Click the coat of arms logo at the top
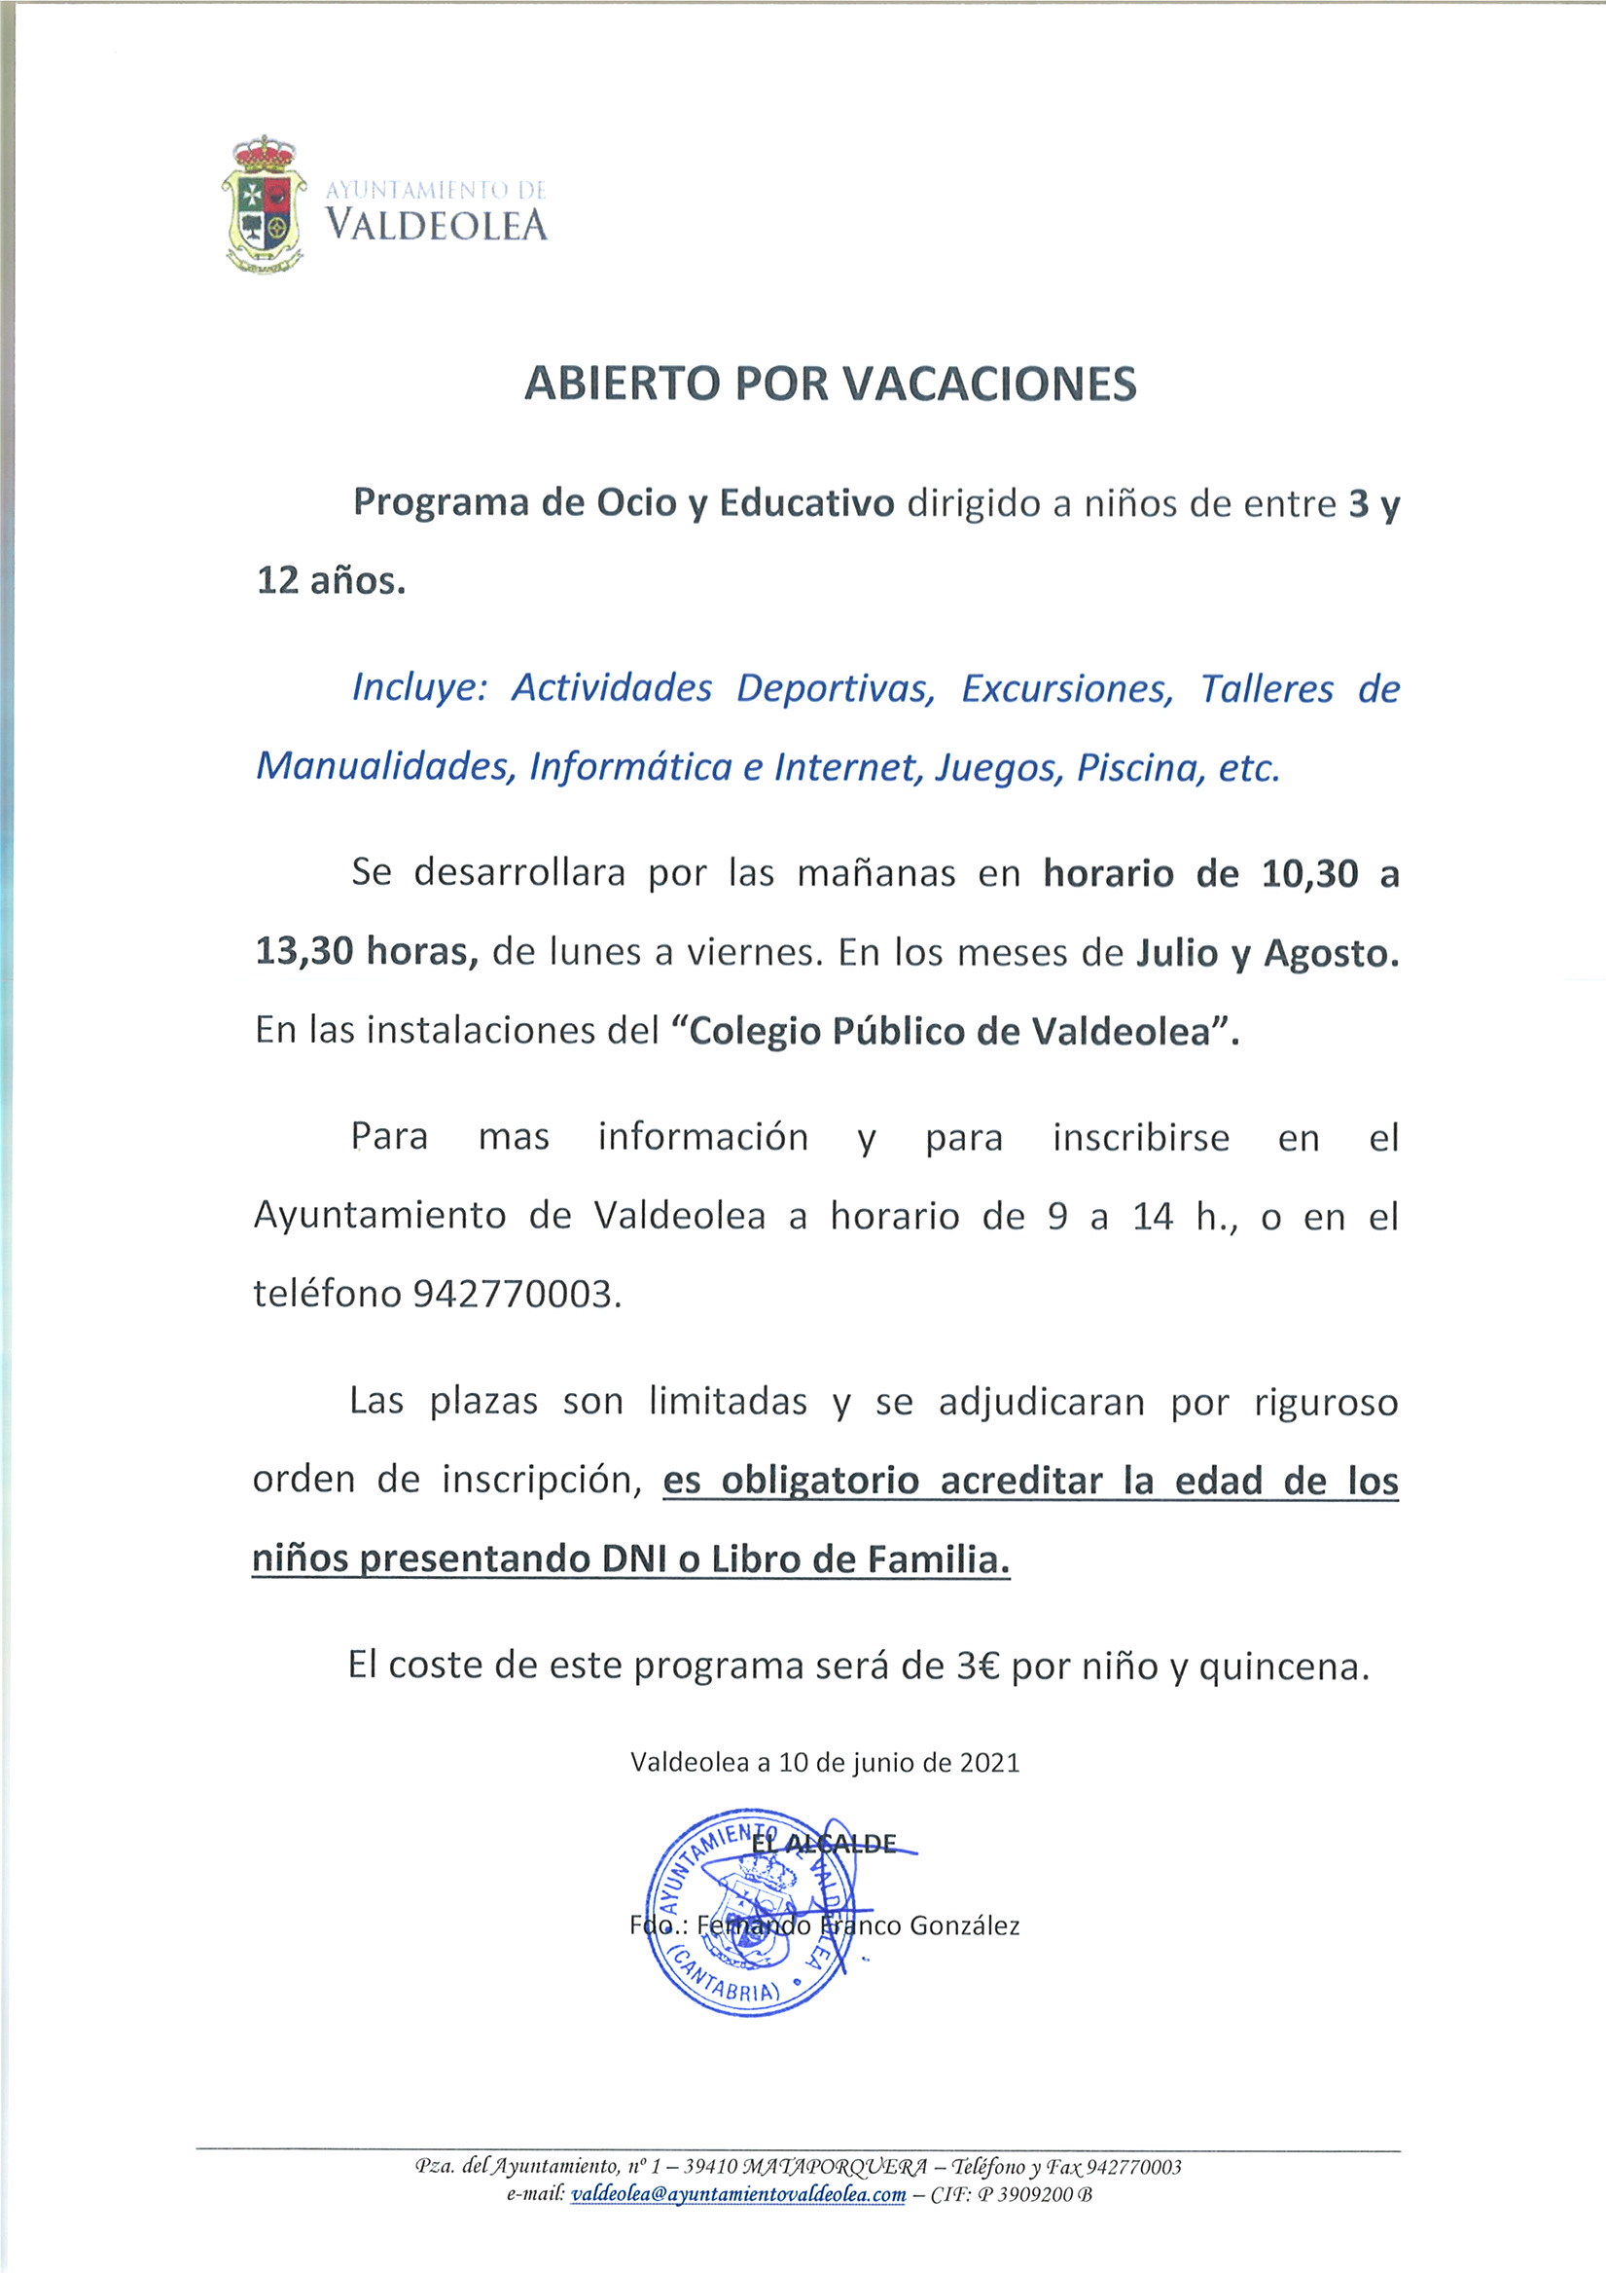(262, 205)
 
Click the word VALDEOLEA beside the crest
(437, 226)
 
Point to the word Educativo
(806, 504)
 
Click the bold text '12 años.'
(331, 581)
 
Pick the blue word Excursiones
(1067, 689)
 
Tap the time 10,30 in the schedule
(1309, 874)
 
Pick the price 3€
(978, 1667)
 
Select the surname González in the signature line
(963, 1925)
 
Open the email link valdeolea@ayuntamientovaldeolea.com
(738, 2195)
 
